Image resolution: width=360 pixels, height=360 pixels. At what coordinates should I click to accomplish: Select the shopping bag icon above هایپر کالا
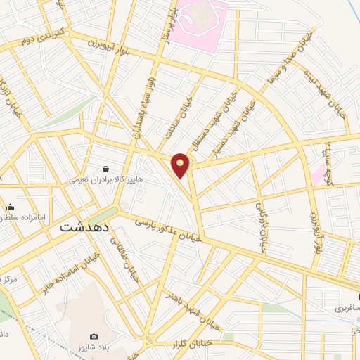pyautogui.click(x=105, y=169)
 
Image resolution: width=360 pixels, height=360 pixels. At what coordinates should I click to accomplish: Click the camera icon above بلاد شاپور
pyautogui.click(x=94, y=337)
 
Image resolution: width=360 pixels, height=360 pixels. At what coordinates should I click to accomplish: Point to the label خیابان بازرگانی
pyautogui.click(x=261, y=212)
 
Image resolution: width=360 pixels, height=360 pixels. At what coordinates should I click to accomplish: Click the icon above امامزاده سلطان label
pyautogui.click(x=11, y=207)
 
